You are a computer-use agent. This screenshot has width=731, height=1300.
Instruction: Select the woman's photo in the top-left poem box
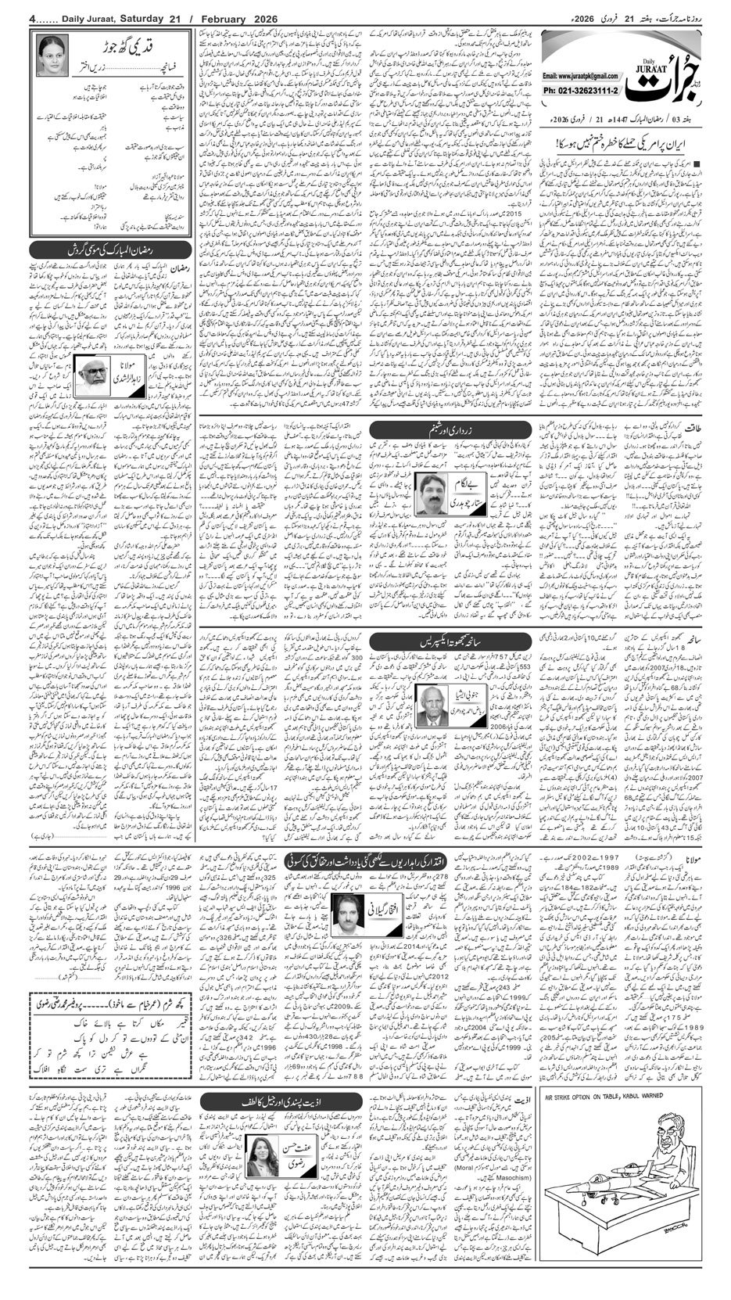(x=52, y=56)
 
